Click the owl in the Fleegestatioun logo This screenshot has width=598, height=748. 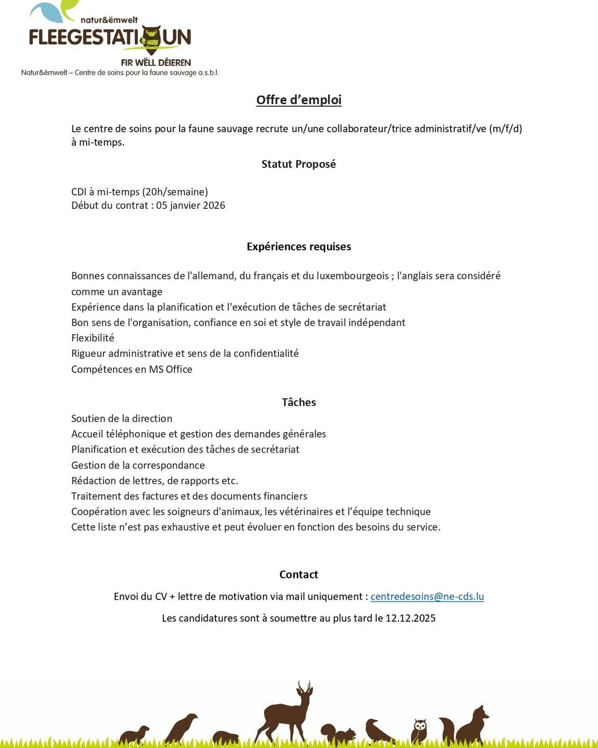(x=151, y=39)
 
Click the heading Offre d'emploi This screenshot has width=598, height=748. (x=298, y=100)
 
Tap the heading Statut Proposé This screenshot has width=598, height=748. (x=298, y=164)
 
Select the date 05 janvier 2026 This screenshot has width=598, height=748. (x=190, y=206)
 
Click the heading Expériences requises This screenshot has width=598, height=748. (x=298, y=247)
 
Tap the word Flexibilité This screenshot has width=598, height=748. (x=92, y=338)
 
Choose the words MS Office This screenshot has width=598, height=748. (x=171, y=370)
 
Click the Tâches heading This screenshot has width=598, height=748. (x=298, y=402)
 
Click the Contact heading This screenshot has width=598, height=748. (x=298, y=575)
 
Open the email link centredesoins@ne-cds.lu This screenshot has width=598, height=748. (x=427, y=597)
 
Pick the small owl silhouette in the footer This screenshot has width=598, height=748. (x=419, y=731)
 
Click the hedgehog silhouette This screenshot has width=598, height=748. (x=225, y=737)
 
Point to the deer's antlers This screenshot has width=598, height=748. (x=304, y=688)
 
